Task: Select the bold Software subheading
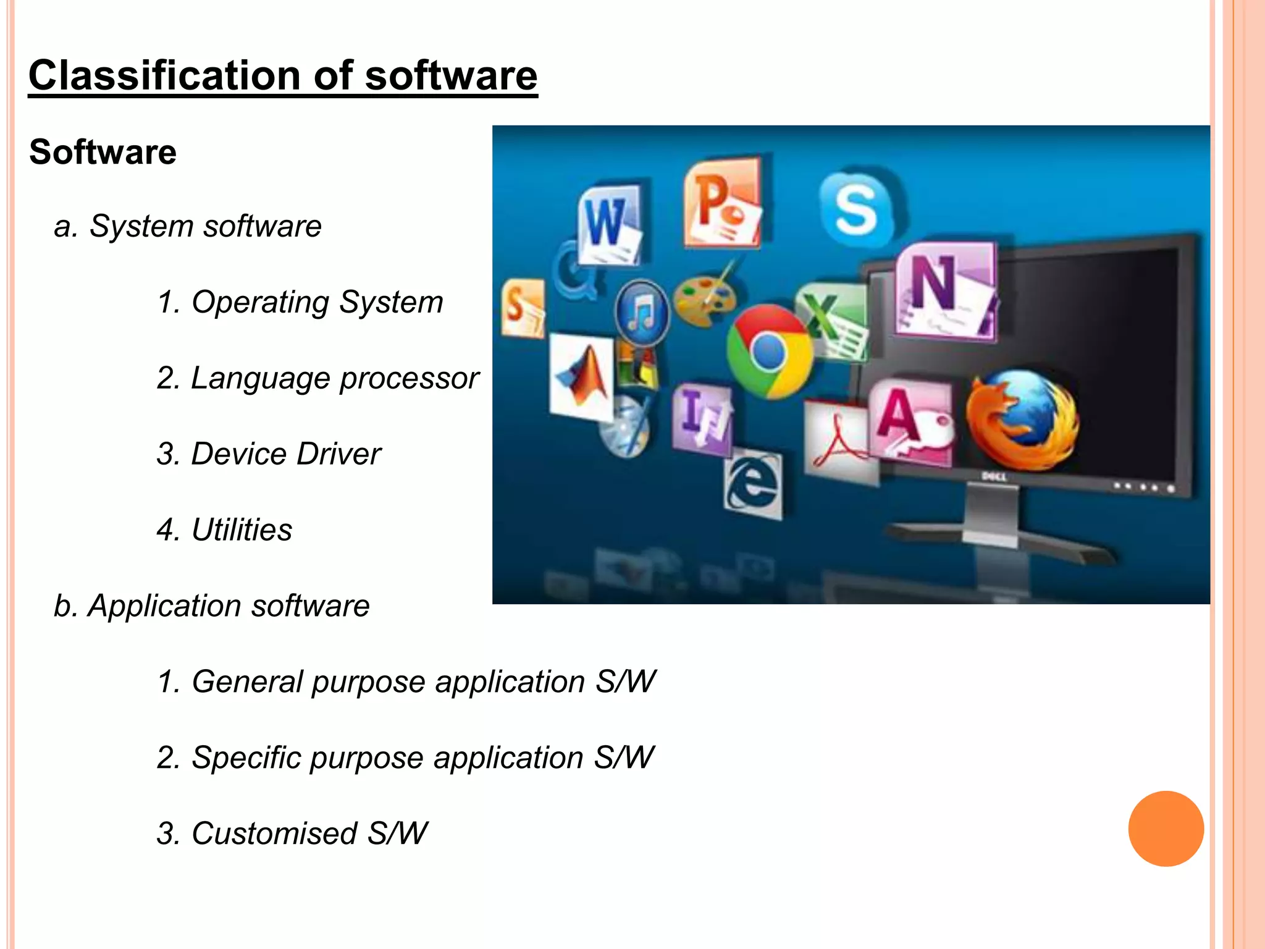pyautogui.click(x=103, y=153)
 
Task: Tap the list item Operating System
pyautogui.click(x=300, y=302)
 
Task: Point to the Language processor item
pyautogui.click(x=317, y=378)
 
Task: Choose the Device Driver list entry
pyautogui.click(x=269, y=454)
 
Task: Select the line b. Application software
pyautogui.click(x=211, y=606)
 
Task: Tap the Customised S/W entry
pyautogui.click(x=292, y=833)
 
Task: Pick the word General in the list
pyautogui.click(x=247, y=682)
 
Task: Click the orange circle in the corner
pyautogui.click(x=1166, y=829)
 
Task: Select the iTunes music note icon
pyautogui.click(x=642, y=312)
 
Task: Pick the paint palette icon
pyautogui.click(x=704, y=299)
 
